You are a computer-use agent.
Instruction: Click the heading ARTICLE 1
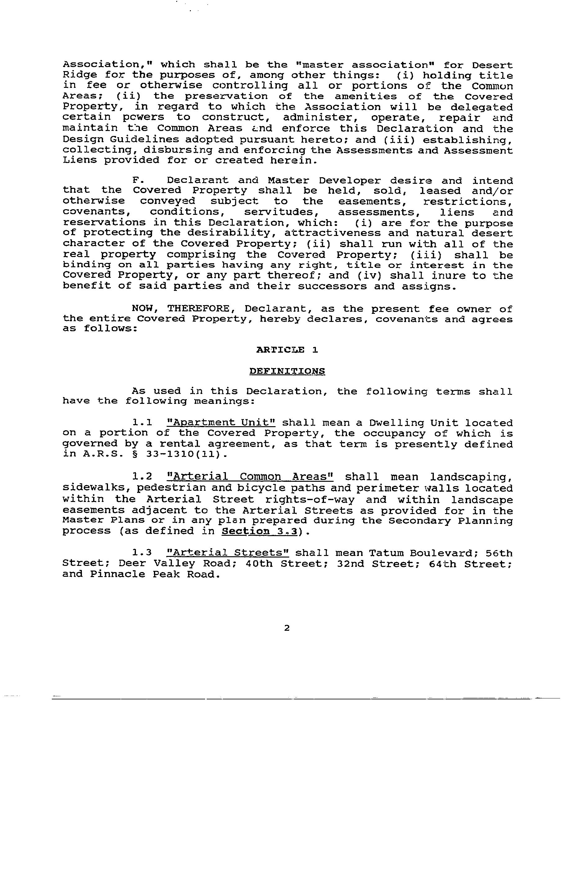pos(287,350)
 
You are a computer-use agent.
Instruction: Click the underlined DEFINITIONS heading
pos(287,371)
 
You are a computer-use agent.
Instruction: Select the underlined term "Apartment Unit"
pos(221,423)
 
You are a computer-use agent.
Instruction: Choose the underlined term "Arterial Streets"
pos(228,553)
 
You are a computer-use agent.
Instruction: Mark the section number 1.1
pos(142,423)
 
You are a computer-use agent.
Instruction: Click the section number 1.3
pos(142,553)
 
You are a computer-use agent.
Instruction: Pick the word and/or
pos(492,191)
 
